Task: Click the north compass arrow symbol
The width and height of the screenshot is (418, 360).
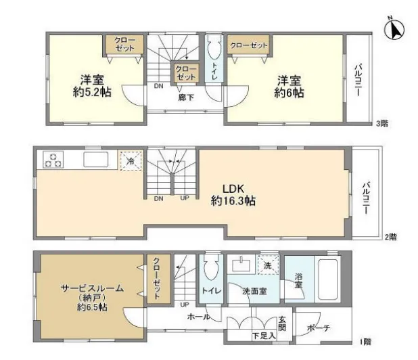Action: pos(394,28)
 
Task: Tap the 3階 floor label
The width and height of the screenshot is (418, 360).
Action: pos(381,123)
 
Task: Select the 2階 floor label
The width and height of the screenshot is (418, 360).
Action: pos(390,237)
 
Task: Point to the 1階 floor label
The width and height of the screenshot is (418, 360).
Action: pos(365,342)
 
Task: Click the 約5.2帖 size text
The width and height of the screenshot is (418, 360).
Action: pos(92,92)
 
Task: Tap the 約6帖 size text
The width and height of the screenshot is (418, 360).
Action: pos(289,93)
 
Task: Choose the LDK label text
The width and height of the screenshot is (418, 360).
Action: pos(233,189)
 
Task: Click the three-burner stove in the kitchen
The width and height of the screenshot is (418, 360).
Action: pos(53,160)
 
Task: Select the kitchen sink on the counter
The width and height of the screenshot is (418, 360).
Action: pos(96,160)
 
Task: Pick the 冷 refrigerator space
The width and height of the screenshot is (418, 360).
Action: pos(131,160)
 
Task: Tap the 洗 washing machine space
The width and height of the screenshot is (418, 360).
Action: pos(267,265)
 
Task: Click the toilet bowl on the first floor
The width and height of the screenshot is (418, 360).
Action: pos(211,268)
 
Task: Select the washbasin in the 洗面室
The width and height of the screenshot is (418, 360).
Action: pos(241,265)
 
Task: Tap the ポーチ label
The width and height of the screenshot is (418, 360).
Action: pos(319,328)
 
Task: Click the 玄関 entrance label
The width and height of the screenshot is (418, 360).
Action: pos(282,323)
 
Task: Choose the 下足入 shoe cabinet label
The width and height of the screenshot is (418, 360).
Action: pos(264,336)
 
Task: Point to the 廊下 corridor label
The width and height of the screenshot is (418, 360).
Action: pos(186,97)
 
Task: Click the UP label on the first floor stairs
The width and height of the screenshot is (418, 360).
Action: pos(185,305)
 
